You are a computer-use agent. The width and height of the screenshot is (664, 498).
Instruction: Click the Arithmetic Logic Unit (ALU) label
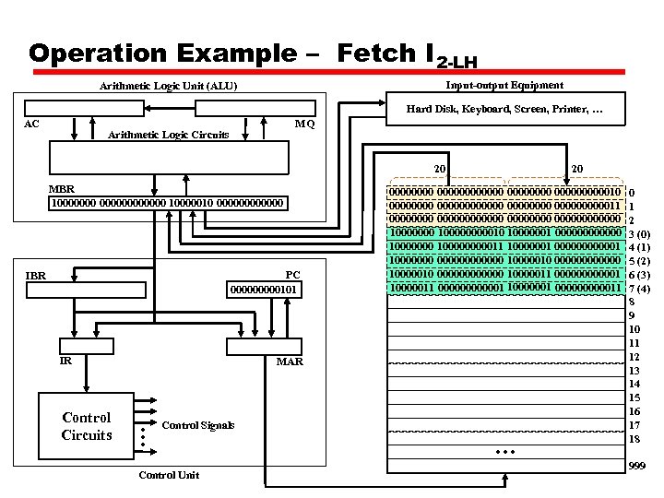click(168, 87)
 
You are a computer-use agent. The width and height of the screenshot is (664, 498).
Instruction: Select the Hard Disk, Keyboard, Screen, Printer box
click(504, 111)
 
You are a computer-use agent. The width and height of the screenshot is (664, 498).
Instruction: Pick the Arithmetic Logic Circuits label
click(169, 135)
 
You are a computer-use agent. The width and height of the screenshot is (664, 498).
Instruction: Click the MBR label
click(62, 189)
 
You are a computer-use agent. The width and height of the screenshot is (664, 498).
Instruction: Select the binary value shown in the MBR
click(168, 203)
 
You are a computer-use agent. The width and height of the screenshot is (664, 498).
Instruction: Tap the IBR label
click(36, 275)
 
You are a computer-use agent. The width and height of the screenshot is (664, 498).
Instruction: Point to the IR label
click(65, 362)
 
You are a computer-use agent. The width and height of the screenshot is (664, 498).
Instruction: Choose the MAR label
click(290, 362)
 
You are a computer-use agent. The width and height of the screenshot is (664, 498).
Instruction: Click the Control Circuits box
click(87, 426)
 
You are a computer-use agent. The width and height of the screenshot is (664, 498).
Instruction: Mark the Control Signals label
click(197, 425)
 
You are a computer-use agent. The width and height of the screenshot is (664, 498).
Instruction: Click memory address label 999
click(636, 468)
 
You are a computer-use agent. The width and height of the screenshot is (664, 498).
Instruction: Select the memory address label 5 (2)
click(639, 261)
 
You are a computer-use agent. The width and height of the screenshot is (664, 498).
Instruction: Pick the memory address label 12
click(634, 357)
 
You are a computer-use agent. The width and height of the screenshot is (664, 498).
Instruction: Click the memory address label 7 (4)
click(639, 289)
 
